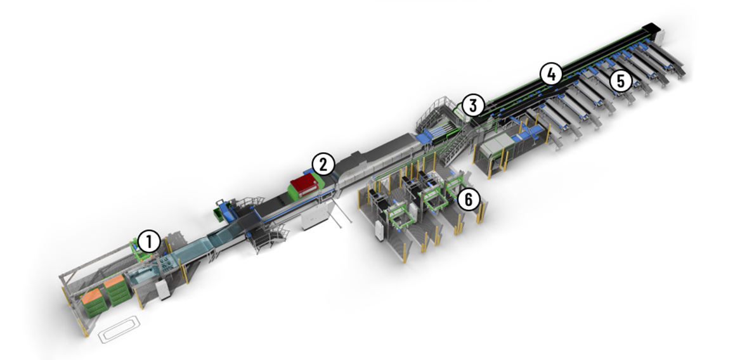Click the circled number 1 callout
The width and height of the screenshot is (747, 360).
point(149,241)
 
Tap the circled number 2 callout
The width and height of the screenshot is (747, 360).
point(323,165)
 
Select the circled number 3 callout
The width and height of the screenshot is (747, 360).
point(472,106)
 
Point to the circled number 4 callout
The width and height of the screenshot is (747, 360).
point(551,74)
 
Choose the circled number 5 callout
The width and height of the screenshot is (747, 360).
point(621,81)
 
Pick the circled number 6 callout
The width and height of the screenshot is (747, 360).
point(469,200)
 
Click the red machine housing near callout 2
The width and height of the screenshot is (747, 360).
point(306,184)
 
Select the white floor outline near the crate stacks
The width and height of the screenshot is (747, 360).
point(119,328)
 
